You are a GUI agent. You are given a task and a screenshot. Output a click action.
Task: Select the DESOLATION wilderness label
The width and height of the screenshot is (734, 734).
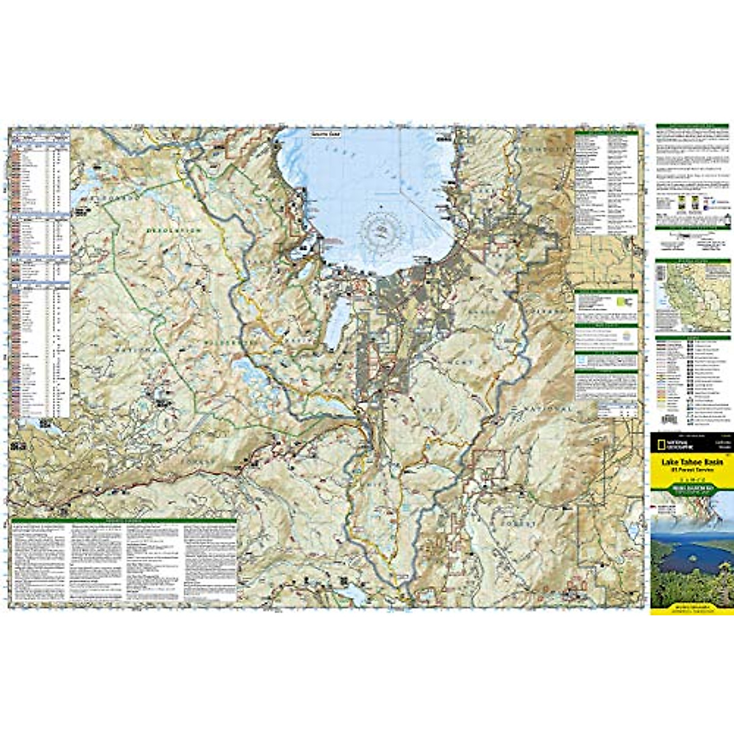[x=174, y=230]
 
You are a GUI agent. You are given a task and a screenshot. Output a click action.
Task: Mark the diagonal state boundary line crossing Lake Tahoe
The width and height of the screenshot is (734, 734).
[x=422, y=208]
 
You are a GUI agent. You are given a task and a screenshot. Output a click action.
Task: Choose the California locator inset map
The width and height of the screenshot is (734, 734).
[x=692, y=296]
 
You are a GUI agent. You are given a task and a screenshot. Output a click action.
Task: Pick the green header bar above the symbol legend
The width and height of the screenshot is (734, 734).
[x=692, y=338]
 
